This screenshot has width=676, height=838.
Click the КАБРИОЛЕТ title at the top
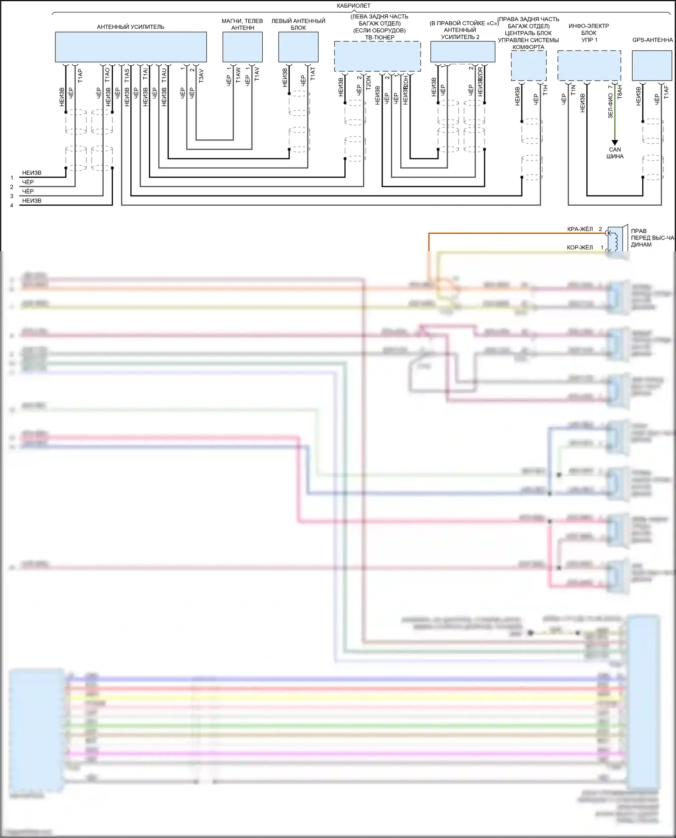coord(353,6)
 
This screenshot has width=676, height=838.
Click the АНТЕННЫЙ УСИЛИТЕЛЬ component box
coord(131,47)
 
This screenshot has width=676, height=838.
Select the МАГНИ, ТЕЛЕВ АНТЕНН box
coord(242,47)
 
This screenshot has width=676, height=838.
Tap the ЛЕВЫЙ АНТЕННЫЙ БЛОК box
coord(298,47)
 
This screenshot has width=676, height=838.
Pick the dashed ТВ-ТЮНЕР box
coord(377,56)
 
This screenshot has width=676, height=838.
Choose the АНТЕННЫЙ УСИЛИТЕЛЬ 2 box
coord(462,52)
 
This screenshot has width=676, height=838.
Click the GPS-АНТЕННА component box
coord(652,66)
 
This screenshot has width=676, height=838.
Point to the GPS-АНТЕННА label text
coord(652,40)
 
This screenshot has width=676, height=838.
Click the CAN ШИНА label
coord(615,153)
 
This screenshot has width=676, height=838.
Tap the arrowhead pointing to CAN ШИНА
coord(615,143)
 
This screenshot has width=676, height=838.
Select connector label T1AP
coord(80,75)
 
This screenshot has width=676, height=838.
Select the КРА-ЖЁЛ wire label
coord(580,229)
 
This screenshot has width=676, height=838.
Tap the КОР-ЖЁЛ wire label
coord(580,247)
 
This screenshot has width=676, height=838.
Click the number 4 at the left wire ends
coord(12,205)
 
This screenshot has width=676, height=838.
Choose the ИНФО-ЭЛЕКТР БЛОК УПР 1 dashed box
coord(589,66)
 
